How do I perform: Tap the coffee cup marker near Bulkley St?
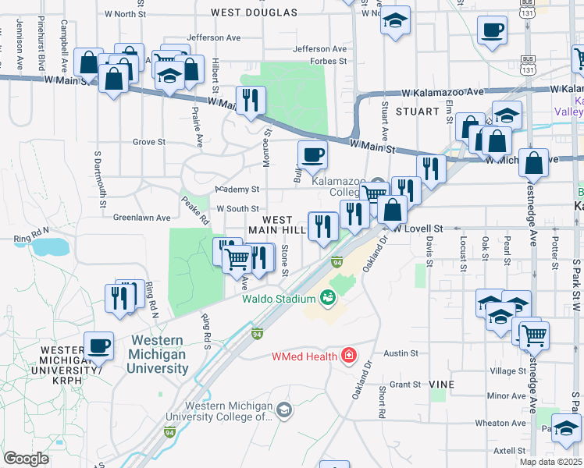[312, 154]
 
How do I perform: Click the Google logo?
[26, 459]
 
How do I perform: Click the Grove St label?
[149, 142]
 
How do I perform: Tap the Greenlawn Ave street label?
[141, 218]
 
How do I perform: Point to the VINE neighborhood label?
[440, 385]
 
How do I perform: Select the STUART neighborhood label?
[417, 112]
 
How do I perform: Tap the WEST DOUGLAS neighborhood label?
[254, 12]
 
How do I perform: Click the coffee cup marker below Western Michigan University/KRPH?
[98, 345]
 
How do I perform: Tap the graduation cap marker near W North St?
[396, 20]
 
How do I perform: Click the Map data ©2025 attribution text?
[550, 462]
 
